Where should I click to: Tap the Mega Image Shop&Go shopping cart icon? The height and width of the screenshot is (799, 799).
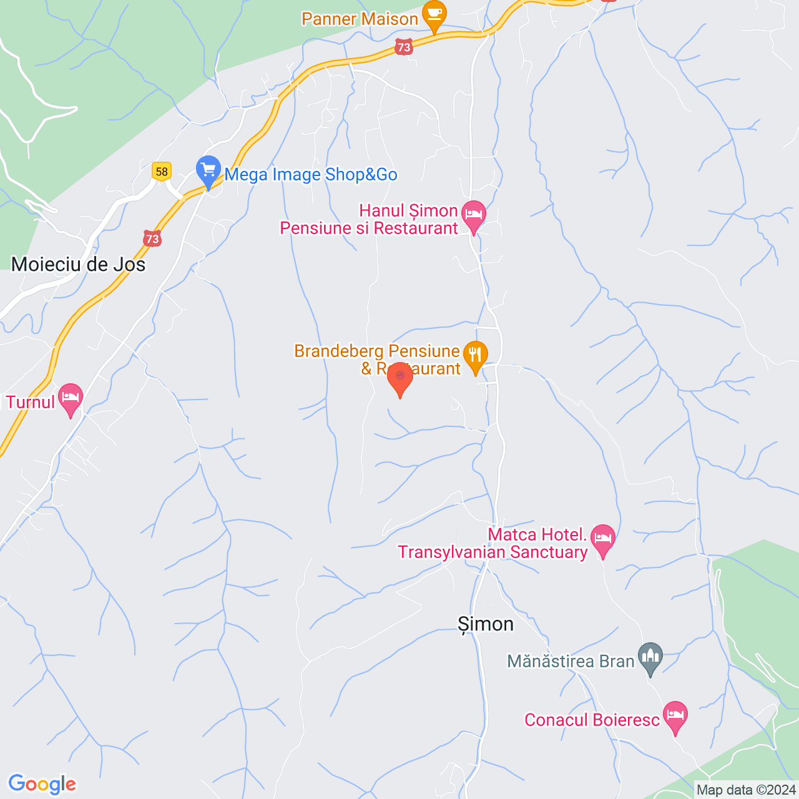(208, 169)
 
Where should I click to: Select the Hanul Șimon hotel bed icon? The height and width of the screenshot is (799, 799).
(474, 215)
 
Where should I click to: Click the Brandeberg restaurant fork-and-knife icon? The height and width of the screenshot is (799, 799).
(476, 355)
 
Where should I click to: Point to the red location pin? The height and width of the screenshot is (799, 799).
(400, 377)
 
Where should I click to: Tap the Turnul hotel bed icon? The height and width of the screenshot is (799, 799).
(71, 397)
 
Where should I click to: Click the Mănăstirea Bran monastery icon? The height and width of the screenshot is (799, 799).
(650, 657)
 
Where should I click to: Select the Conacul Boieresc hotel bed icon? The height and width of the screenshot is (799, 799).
(675, 715)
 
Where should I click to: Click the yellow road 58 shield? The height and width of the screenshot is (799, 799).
(162, 172)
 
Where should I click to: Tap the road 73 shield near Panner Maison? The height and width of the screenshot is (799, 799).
(404, 47)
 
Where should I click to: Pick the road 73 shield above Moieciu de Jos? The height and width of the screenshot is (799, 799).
(152, 238)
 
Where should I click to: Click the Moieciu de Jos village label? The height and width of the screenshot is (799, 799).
(79, 265)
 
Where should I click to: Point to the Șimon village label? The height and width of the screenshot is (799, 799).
(486, 624)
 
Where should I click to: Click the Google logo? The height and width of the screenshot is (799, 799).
(42, 784)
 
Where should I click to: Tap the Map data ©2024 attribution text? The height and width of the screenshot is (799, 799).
(746, 790)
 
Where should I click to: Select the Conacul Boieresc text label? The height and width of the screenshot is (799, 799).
(592, 720)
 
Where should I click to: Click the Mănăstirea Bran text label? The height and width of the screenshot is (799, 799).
(571, 661)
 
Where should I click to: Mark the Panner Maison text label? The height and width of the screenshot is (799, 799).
(360, 19)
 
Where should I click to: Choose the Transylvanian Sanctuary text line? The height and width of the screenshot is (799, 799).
(493, 552)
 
